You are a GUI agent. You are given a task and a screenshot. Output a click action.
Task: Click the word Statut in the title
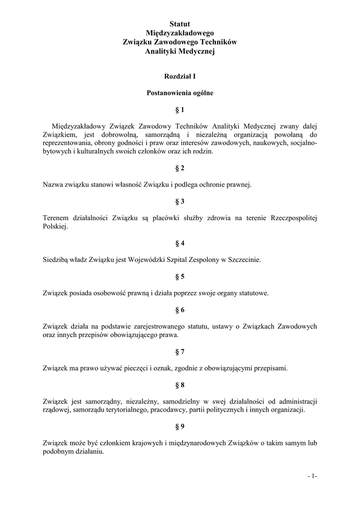[180, 23]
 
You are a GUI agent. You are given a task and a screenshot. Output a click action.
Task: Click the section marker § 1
[180, 109]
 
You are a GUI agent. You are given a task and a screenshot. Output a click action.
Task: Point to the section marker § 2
[180, 168]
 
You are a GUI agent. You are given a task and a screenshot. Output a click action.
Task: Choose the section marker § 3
[180, 201]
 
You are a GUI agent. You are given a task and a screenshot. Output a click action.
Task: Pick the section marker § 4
[180, 243]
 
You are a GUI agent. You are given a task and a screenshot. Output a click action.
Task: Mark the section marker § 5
[180, 276]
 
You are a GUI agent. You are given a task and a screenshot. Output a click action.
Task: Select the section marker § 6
[180, 310]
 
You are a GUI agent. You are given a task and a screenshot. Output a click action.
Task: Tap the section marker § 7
[180, 351]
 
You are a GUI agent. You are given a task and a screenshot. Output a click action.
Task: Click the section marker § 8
[180, 385]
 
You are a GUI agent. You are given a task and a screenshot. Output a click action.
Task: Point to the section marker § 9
[180, 426]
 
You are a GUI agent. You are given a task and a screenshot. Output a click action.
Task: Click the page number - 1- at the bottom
[312, 477]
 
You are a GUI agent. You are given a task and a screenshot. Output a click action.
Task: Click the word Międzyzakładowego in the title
[180, 33]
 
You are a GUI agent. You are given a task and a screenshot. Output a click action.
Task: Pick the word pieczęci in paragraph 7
[158, 368]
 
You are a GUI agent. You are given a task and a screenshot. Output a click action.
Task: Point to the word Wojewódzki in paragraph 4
[146, 259]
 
